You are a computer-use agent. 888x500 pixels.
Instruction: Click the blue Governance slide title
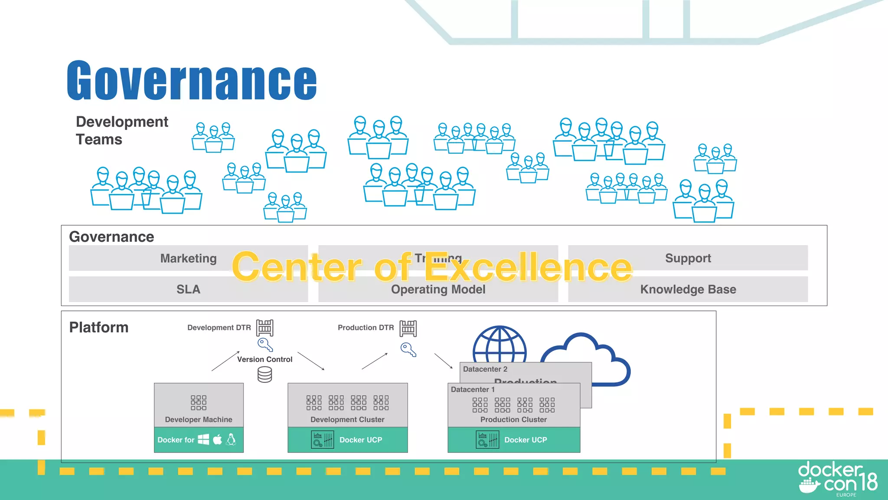tap(192, 81)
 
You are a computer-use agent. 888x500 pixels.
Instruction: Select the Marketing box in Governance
tap(188, 258)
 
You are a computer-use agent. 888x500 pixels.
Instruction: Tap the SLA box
tap(188, 289)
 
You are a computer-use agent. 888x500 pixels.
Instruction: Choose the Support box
tap(688, 258)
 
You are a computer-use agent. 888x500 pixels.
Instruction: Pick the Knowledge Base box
tap(688, 289)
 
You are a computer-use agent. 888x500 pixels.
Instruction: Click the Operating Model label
tap(438, 290)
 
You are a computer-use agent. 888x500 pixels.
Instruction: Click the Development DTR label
tap(219, 328)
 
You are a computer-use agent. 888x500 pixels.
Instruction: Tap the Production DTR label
tap(366, 328)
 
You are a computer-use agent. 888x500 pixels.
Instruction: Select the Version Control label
tap(264, 359)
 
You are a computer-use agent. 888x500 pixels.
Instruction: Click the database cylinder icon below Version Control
tap(264, 375)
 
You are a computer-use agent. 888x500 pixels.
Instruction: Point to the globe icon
tap(499, 345)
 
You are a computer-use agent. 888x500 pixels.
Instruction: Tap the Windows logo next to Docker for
tap(203, 440)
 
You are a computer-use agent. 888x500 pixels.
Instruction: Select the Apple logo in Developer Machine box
tap(218, 440)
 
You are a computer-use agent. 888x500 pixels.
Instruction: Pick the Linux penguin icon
tap(232, 440)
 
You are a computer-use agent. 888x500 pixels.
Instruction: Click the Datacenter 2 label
tap(485, 369)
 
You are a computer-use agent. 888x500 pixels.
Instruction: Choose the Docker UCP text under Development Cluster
tap(361, 440)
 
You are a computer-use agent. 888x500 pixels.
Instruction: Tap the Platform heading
tap(99, 327)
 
